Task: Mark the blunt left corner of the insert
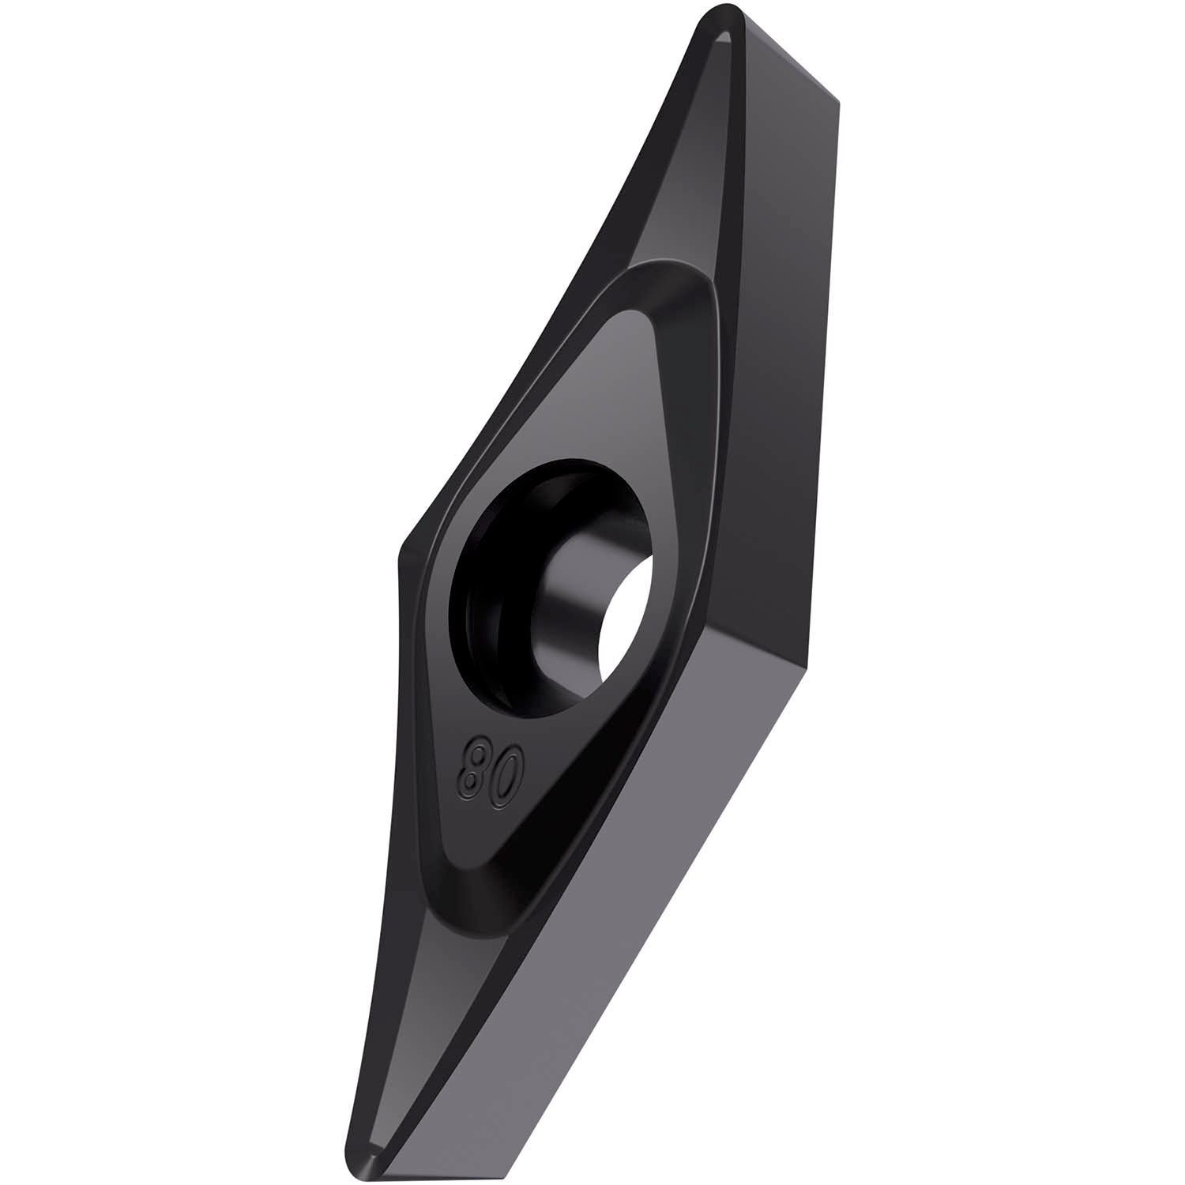coord(401,553)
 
